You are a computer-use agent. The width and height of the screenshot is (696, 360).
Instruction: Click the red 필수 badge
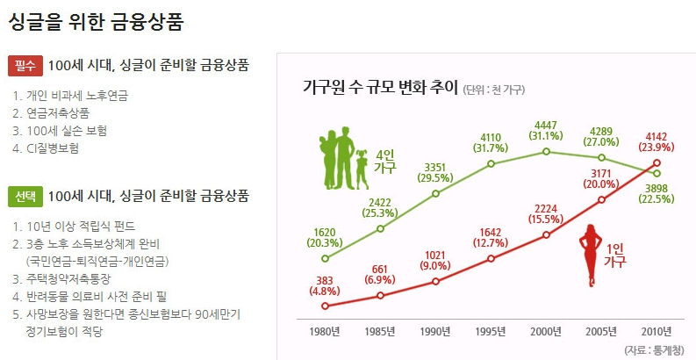coord(25,65)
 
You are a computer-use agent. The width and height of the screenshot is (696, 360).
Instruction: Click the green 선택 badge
coord(25,196)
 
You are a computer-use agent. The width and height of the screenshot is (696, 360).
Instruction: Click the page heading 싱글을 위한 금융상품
coord(96,20)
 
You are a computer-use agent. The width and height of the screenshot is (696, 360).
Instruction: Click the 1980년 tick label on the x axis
coord(326,331)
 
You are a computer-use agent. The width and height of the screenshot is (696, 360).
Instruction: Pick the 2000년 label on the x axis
coord(546,331)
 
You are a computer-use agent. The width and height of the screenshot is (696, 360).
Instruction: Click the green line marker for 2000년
coord(546,151)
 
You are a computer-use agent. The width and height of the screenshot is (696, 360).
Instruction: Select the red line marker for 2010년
coord(657,162)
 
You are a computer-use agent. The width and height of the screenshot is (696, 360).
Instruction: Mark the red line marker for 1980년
coord(326,306)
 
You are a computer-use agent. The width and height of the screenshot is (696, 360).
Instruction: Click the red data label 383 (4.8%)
coord(326,284)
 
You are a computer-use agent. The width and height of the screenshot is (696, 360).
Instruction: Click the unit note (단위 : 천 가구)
coord(495,90)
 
